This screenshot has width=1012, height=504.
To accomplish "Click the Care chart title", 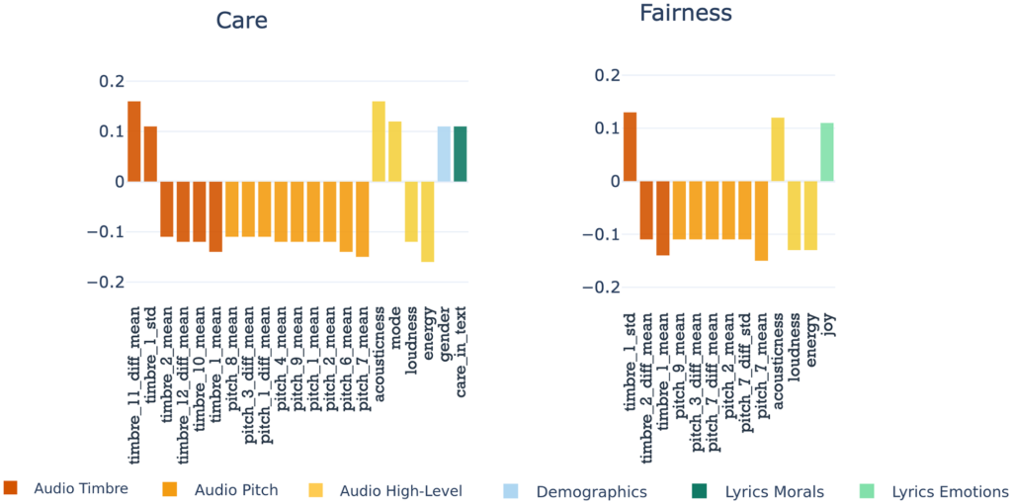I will tap(242, 20).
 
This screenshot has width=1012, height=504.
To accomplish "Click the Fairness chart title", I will tap(685, 13).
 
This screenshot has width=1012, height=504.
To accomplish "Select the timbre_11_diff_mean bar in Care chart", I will tap(134, 141).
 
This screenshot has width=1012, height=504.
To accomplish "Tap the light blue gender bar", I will tap(444, 154).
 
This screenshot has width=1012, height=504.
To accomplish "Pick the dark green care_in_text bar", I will tap(461, 154).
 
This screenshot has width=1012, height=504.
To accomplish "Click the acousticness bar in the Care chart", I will tap(379, 141).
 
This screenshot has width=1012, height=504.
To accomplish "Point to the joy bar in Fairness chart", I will tap(827, 152).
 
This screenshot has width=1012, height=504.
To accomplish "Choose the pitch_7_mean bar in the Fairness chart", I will tap(761, 220).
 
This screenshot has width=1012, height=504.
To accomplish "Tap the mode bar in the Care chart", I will tap(395, 151).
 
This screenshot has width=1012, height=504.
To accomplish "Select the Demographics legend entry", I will tap(591, 491).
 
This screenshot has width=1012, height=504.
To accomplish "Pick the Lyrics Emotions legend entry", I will tap(950, 491).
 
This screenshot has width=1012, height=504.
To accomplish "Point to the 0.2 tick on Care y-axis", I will tap(113, 81).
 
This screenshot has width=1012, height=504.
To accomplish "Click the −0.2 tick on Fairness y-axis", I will tap(595, 288).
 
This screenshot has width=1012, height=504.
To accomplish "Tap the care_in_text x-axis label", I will tap(462, 349).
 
